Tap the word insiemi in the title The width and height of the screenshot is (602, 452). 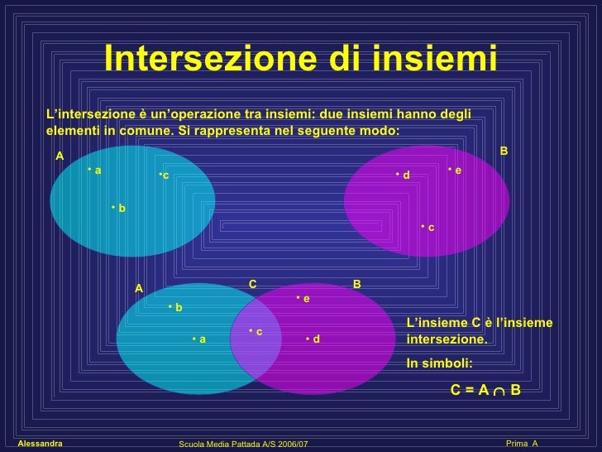(x=423, y=59)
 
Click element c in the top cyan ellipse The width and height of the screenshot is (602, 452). (x=164, y=176)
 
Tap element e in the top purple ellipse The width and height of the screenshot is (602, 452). (x=455, y=170)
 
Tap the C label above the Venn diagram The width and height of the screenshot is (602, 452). (x=253, y=284)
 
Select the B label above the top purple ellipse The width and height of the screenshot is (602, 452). (x=504, y=151)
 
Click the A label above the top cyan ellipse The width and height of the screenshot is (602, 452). (x=60, y=156)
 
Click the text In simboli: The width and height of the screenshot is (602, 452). (x=440, y=363)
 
